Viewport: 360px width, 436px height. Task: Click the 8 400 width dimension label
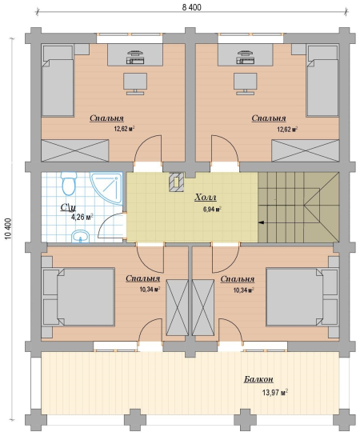point(191,7)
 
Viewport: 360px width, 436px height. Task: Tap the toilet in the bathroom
point(68,182)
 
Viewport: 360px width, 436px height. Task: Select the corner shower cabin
point(106,189)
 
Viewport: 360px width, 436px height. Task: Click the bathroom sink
point(81,236)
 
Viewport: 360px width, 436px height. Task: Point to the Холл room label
point(205,198)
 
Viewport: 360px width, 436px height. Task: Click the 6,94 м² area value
point(212,210)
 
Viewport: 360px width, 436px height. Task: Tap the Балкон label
point(258,379)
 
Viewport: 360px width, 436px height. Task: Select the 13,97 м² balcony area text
point(274,393)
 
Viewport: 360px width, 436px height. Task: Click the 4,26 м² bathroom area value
point(82,217)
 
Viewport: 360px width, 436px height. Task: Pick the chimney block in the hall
point(176,182)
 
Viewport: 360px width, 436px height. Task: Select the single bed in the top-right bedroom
point(322,81)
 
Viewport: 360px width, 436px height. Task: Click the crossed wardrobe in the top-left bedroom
point(74,150)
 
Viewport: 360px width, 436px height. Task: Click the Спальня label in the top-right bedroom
point(269,118)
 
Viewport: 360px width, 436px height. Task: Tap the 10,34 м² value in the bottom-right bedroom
point(244,290)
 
